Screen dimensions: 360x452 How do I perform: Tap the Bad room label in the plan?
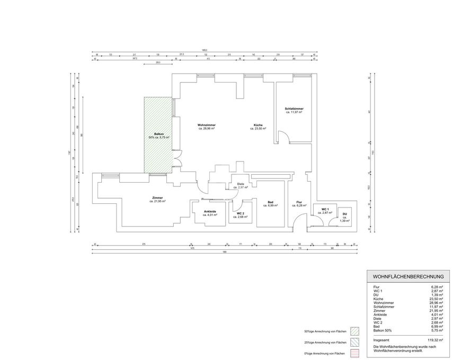tap(270, 203)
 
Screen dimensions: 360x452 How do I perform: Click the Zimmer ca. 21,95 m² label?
tap(157, 200)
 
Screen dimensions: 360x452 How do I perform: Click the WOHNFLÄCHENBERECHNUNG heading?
tap(408, 276)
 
